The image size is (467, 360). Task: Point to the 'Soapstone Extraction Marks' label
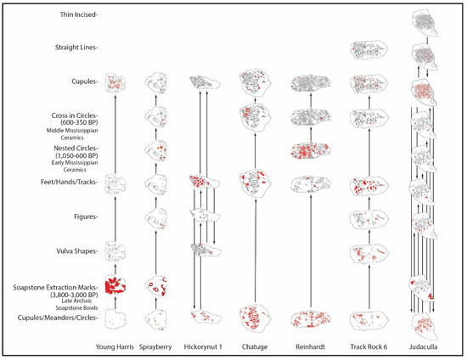click(55, 287)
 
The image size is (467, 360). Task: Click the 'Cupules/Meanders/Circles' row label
click(58, 318)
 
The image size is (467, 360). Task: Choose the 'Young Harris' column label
click(115, 347)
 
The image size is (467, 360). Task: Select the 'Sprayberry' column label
click(155, 347)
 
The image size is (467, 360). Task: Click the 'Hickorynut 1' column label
click(203, 347)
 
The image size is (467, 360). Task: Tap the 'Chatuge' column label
click(255, 347)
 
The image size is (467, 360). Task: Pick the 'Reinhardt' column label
click(310, 347)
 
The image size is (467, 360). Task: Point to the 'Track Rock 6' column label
click(369, 347)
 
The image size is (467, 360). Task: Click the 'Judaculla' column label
click(424, 347)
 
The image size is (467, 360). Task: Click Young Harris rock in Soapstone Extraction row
click(115, 285)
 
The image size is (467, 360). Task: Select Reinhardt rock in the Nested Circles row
click(310, 150)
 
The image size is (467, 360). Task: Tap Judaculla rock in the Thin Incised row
click(424, 23)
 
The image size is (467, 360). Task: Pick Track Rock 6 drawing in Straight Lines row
click(369, 49)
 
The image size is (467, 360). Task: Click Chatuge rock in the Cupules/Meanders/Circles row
click(255, 318)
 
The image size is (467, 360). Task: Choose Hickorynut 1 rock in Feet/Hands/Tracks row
click(205, 181)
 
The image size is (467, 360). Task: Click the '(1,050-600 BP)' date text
click(76, 155)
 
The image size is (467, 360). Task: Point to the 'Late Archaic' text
click(76, 301)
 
